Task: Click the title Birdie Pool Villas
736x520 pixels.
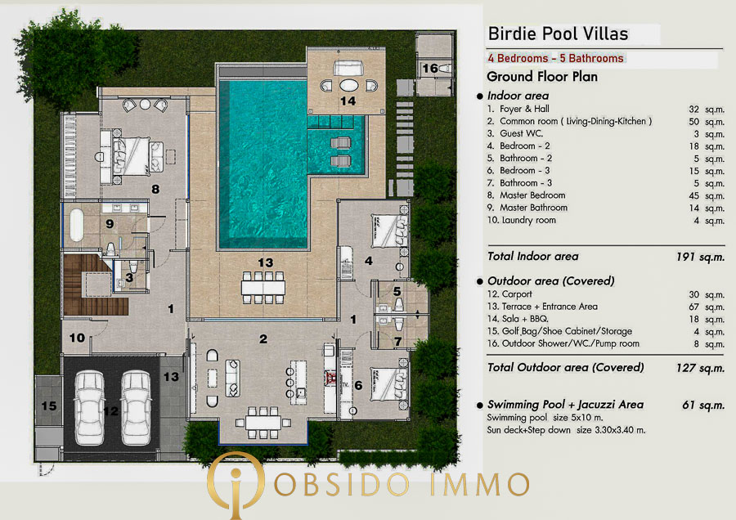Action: [x=558, y=34]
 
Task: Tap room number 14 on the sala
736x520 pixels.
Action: [x=348, y=101]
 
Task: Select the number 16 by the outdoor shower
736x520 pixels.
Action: [x=430, y=69]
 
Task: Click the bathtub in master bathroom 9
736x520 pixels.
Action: [x=77, y=225]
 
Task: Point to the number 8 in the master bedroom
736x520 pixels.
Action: [x=155, y=189]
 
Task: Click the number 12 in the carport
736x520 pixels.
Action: [x=110, y=411]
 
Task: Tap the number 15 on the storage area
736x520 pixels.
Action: [x=49, y=406]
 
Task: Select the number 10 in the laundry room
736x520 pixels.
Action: [x=77, y=338]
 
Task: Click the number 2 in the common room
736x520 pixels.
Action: [x=263, y=338]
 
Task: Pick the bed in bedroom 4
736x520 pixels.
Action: [x=389, y=230]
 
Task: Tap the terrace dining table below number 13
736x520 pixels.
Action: [x=263, y=287]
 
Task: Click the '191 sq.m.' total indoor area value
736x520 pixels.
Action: [x=700, y=257]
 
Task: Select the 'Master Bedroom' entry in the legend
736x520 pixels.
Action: [x=532, y=195]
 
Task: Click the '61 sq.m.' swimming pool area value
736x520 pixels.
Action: [x=703, y=405]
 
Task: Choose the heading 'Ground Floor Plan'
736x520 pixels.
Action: [x=542, y=77]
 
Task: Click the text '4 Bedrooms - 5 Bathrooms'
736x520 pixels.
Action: [x=556, y=58]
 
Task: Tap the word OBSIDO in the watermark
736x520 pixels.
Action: [x=341, y=484]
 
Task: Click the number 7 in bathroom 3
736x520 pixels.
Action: [x=397, y=342]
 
